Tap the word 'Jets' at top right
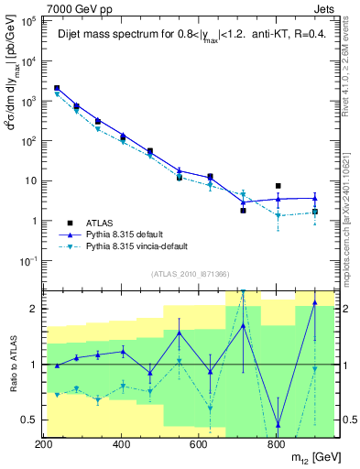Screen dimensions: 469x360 point(327,7)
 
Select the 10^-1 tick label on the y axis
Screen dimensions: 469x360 point(28,261)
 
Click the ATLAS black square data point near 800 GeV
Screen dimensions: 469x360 point(278,186)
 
